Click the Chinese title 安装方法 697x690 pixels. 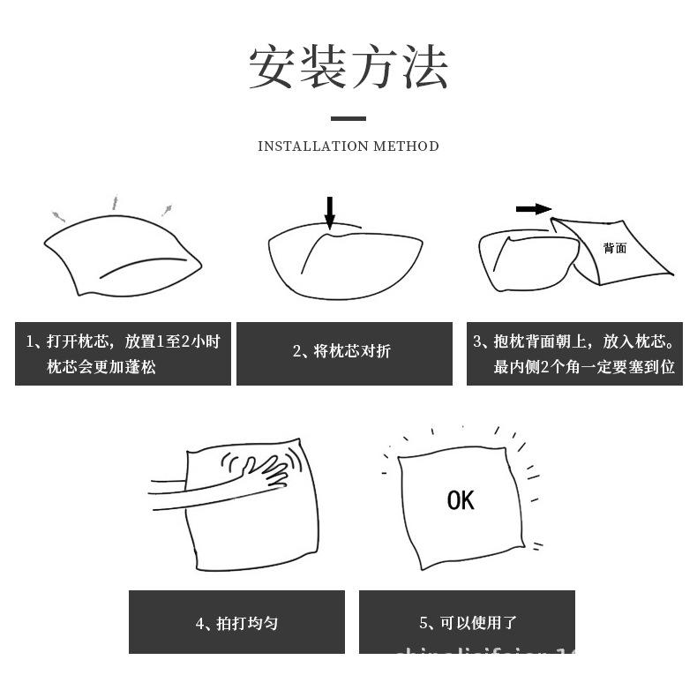(348, 68)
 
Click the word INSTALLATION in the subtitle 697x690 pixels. (312, 146)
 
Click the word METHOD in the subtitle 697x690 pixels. (406, 146)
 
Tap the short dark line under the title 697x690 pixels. (348, 118)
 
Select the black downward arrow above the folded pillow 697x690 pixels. (330, 213)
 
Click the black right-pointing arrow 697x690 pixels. (533, 209)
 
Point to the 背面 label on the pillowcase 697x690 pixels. (615, 248)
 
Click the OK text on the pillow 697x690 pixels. (461, 501)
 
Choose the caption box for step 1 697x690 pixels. (123, 354)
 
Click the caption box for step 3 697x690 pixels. (574, 354)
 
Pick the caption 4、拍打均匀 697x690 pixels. (236, 623)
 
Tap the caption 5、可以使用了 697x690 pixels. (467, 623)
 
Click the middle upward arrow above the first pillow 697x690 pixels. (114, 202)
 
